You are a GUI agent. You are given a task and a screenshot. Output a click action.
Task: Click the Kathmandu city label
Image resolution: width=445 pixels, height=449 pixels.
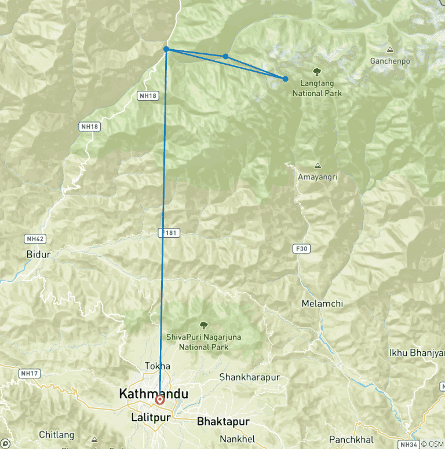pyautogui.click(x=154, y=393)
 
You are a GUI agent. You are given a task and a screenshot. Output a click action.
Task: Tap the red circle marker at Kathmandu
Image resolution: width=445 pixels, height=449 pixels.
pyautogui.click(x=160, y=399)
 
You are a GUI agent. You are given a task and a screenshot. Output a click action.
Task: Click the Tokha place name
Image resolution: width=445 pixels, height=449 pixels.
pyautogui.click(x=158, y=366)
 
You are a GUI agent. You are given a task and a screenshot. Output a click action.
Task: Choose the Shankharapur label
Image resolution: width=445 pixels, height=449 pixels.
pyautogui.click(x=249, y=377)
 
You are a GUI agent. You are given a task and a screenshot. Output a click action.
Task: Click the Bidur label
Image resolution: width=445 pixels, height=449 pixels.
pyautogui.click(x=39, y=254)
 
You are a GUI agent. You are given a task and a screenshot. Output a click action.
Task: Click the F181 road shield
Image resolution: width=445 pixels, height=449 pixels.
pyautogui.click(x=169, y=233)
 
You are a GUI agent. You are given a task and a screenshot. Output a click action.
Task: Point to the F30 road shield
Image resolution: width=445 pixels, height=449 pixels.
pyautogui.click(x=300, y=248)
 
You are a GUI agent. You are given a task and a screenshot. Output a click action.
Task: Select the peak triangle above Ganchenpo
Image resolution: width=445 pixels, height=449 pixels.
pyautogui.click(x=389, y=50)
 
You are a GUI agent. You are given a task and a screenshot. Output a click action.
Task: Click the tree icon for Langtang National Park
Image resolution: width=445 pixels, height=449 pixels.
pyautogui.click(x=317, y=72)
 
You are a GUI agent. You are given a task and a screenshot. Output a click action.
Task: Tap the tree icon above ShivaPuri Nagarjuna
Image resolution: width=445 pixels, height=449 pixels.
pyautogui.click(x=203, y=326)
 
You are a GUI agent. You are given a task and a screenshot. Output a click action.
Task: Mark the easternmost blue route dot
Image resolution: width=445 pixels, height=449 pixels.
pyautogui.click(x=285, y=79)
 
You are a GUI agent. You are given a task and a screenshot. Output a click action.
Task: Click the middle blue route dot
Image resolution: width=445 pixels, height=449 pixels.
pyautogui.click(x=225, y=56)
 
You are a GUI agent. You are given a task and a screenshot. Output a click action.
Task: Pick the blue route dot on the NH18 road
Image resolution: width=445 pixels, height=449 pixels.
pyautogui.click(x=166, y=49)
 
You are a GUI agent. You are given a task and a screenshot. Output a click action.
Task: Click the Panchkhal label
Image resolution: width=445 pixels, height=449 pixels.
pyautogui.click(x=349, y=440)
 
